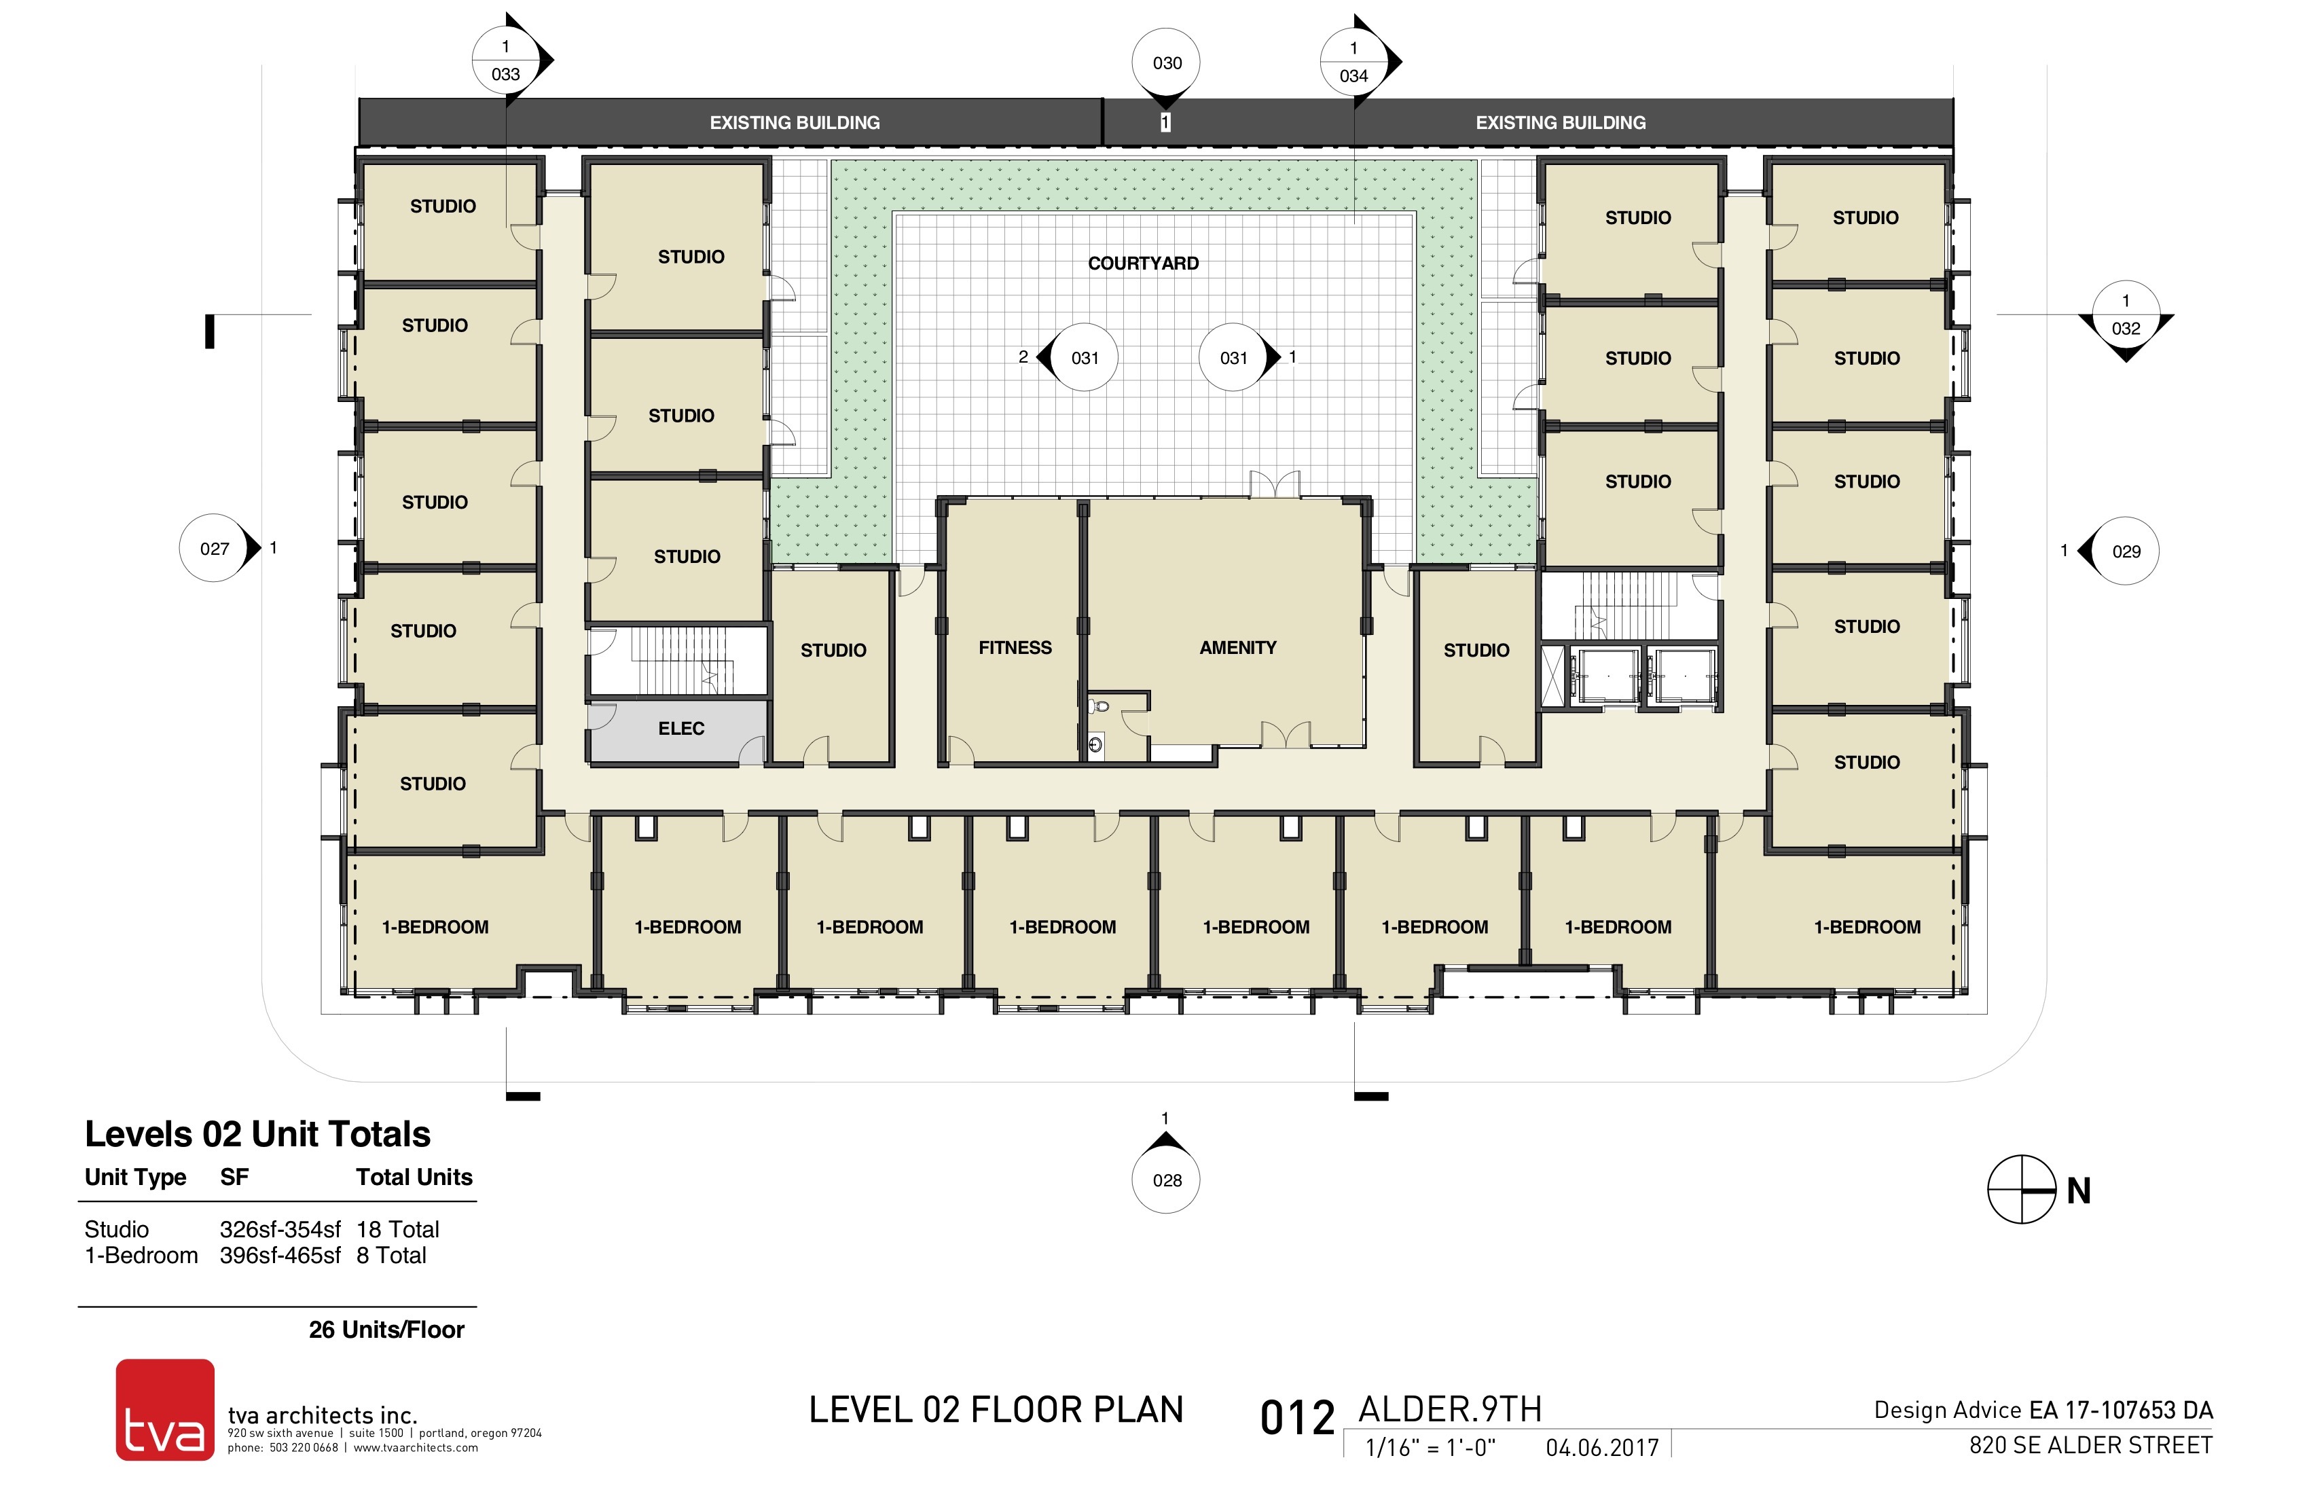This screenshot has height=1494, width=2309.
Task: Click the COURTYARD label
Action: tap(1143, 263)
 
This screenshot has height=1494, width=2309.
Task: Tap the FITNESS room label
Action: tap(1015, 647)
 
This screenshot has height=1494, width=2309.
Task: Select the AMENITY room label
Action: tap(1238, 647)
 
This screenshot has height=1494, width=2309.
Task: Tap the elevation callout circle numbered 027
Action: tap(215, 548)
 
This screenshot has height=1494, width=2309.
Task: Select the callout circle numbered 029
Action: tap(2126, 551)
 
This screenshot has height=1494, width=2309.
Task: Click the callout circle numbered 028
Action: tap(1167, 1180)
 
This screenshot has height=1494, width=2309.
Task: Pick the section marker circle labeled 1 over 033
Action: tap(505, 60)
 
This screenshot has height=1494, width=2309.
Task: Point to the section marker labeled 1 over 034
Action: tap(1354, 62)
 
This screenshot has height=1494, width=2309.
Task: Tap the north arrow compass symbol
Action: tap(2022, 1189)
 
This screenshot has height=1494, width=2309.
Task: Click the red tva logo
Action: tap(165, 1408)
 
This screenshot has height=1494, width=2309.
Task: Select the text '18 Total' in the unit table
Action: tap(398, 1229)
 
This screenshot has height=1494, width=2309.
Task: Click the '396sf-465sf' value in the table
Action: tap(280, 1256)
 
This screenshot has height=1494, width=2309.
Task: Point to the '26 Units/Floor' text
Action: tap(386, 1329)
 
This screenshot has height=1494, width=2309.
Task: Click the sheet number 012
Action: tap(1297, 1419)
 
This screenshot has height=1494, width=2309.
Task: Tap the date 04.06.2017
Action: tap(1603, 1447)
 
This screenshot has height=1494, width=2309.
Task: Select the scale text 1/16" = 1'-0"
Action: tap(1430, 1447)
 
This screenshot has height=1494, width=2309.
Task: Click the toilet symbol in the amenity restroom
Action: tap(1097, 707)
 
